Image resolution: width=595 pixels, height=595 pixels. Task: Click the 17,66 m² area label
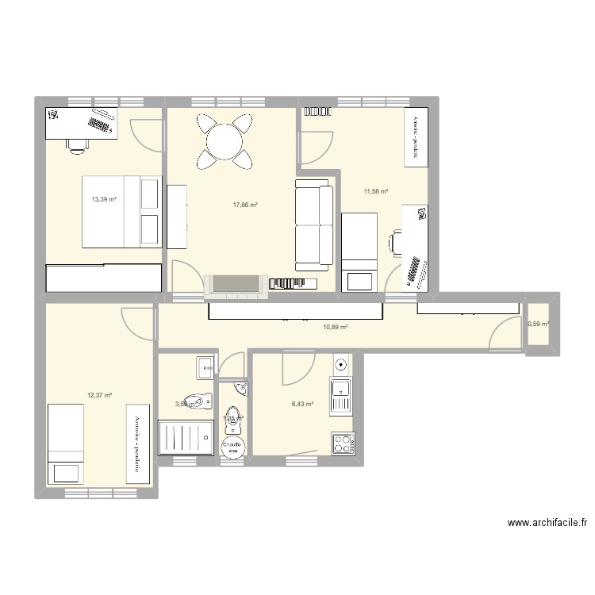245,205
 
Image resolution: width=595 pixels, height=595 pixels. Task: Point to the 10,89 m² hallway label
336,326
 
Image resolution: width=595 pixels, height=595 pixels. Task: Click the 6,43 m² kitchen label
302,404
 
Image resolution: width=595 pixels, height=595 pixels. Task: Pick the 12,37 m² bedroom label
99,395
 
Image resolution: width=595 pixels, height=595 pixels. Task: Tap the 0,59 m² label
539,323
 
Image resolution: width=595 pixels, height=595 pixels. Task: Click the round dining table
225,141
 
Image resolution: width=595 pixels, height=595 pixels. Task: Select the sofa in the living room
313,224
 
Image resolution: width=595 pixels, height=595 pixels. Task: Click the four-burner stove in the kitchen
343,443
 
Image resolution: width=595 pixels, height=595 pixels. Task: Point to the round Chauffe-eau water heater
232,447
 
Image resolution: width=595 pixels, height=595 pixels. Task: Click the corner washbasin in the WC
240,389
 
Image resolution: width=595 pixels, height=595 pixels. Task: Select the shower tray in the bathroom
186,438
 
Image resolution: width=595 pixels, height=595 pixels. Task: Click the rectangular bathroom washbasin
205,366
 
